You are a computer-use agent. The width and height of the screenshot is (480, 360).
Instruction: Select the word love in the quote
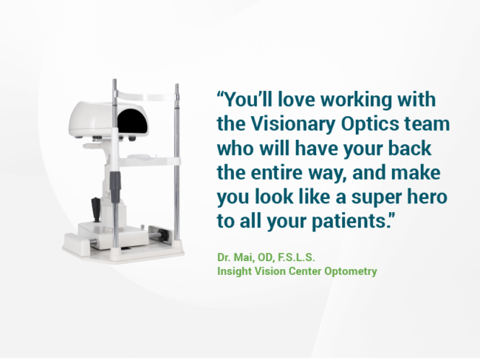pos(296,100)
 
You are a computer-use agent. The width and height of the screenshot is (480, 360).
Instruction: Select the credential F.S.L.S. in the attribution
pos(296,257)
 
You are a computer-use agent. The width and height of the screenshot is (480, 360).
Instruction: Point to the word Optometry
pos(351,271)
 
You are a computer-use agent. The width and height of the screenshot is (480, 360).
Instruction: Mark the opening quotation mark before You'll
pos(221,94)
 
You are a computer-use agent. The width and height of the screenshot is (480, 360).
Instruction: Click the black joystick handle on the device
pos(95,209)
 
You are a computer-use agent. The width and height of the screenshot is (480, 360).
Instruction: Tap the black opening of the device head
pos(133,121)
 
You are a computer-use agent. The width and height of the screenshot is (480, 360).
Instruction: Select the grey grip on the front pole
pos(115,188)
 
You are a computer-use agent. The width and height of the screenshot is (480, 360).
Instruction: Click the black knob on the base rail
pos(163,236)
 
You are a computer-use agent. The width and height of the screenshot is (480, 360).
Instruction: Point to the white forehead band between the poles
pos(146,96)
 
